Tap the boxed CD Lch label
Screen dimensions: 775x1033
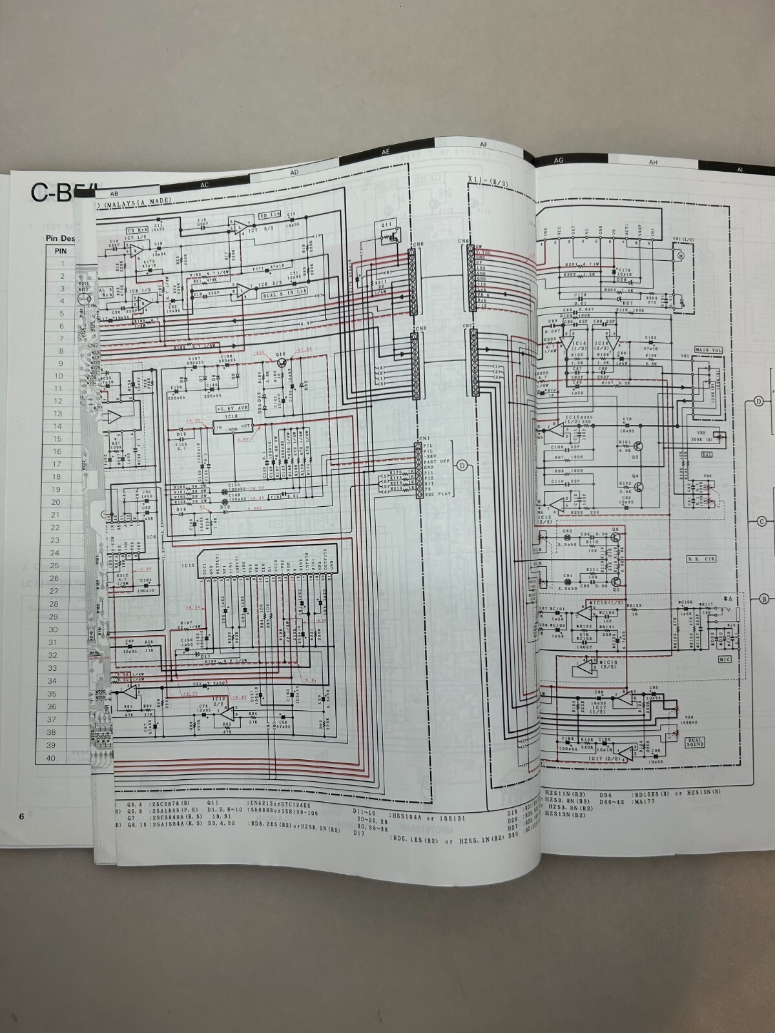(270, 215)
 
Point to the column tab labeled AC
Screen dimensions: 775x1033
(205, 184)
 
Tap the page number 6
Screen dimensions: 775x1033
(21, 816)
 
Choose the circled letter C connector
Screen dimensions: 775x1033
(762, 521)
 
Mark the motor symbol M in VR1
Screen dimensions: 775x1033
(679, 256)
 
